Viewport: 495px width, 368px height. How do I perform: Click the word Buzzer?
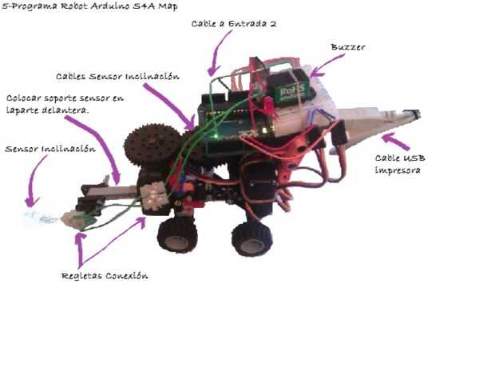point(349,47)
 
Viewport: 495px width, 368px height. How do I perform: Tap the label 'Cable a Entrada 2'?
point(234,24)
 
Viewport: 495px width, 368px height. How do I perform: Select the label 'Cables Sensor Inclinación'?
point(117,76)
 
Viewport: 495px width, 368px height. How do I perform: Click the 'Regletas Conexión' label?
point(105,276)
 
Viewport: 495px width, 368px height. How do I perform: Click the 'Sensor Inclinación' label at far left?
point(39,149)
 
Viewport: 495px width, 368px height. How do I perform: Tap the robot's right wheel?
point(251,238)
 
